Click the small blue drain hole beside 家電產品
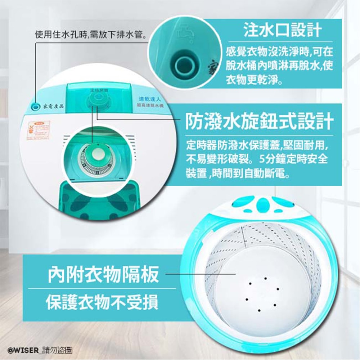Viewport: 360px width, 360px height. coord(35,106)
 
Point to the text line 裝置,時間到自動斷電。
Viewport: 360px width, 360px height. coord(237,174)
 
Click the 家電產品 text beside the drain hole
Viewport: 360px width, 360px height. coord(53,107)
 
